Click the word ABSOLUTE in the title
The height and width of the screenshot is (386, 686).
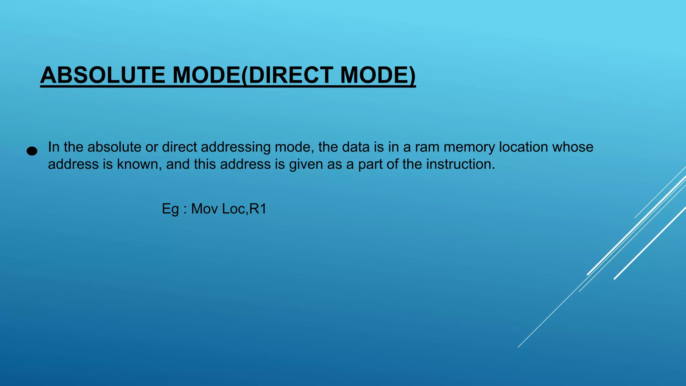coord(102,75)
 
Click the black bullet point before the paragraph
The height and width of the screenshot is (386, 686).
coord(32,151)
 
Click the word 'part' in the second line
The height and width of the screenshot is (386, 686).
coord(371,165)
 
